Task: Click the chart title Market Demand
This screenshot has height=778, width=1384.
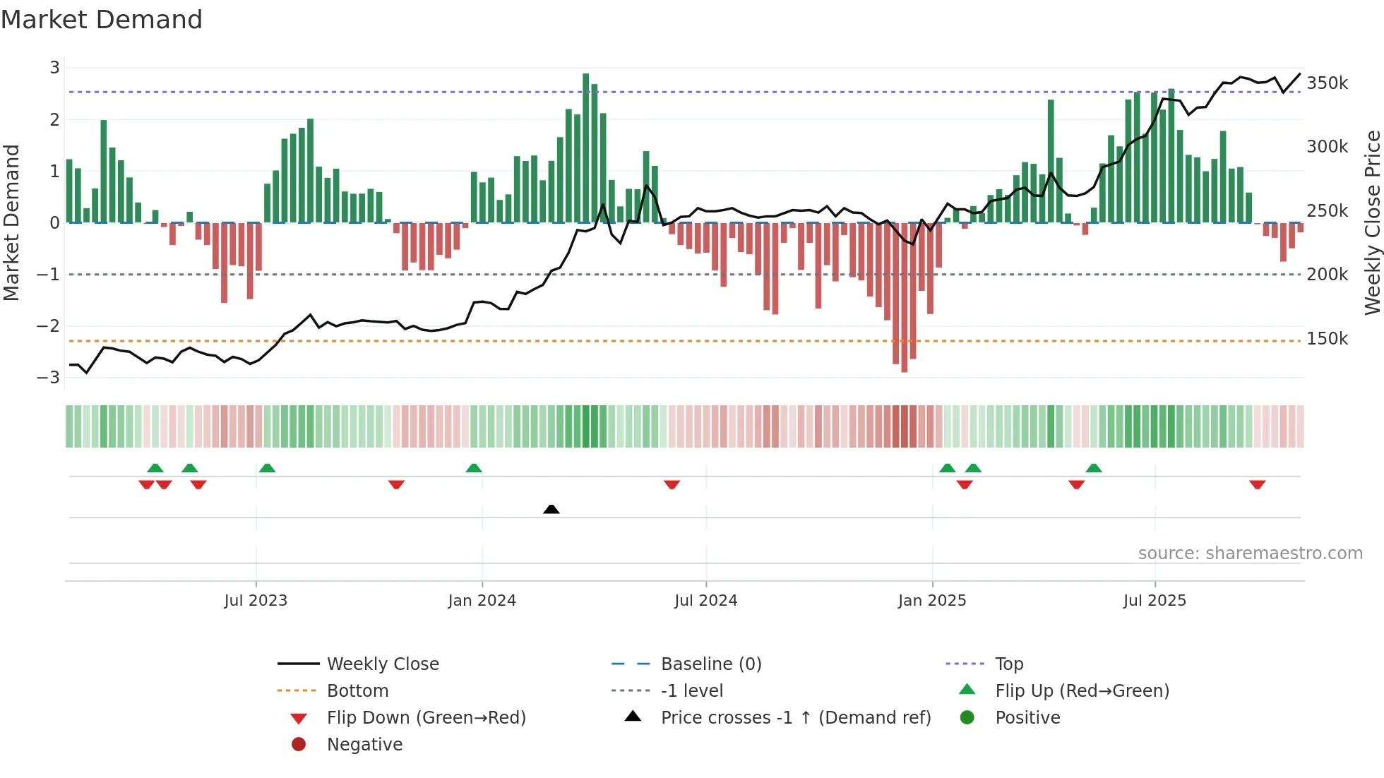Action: click(102, 20)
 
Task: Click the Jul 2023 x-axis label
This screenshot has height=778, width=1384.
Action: click(256, 601)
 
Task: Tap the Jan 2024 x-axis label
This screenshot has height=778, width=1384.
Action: click(482, 601)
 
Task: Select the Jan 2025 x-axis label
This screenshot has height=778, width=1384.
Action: click(932, 601)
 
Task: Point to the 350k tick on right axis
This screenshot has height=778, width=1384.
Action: click(1327, 83)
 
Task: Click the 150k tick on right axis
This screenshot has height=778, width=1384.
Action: click(1327, 339)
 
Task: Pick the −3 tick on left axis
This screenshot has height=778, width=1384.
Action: click(48, 377)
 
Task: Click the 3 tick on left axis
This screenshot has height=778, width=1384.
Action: click(54, 68)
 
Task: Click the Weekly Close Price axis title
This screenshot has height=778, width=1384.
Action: click(1372, 222)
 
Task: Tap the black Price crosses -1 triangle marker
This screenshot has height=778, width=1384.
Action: click(551, 509)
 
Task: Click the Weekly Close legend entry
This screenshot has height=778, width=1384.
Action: click(382, 664)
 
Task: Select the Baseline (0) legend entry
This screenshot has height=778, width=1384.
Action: click(710, 664)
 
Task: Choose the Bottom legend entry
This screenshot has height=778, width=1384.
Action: click(357, 691)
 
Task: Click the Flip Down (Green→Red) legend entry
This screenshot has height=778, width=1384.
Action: click(426, 718)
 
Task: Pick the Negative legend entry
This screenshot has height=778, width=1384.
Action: click(364, 745)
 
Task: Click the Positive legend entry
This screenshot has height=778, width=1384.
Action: click(1027, 718)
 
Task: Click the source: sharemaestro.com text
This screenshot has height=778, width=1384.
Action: click(1250, 553)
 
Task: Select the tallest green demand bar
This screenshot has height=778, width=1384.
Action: click(586, 148)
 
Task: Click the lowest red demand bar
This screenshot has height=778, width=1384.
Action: click(905, 297)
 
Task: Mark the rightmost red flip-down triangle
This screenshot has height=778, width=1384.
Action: click(1257, 484)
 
